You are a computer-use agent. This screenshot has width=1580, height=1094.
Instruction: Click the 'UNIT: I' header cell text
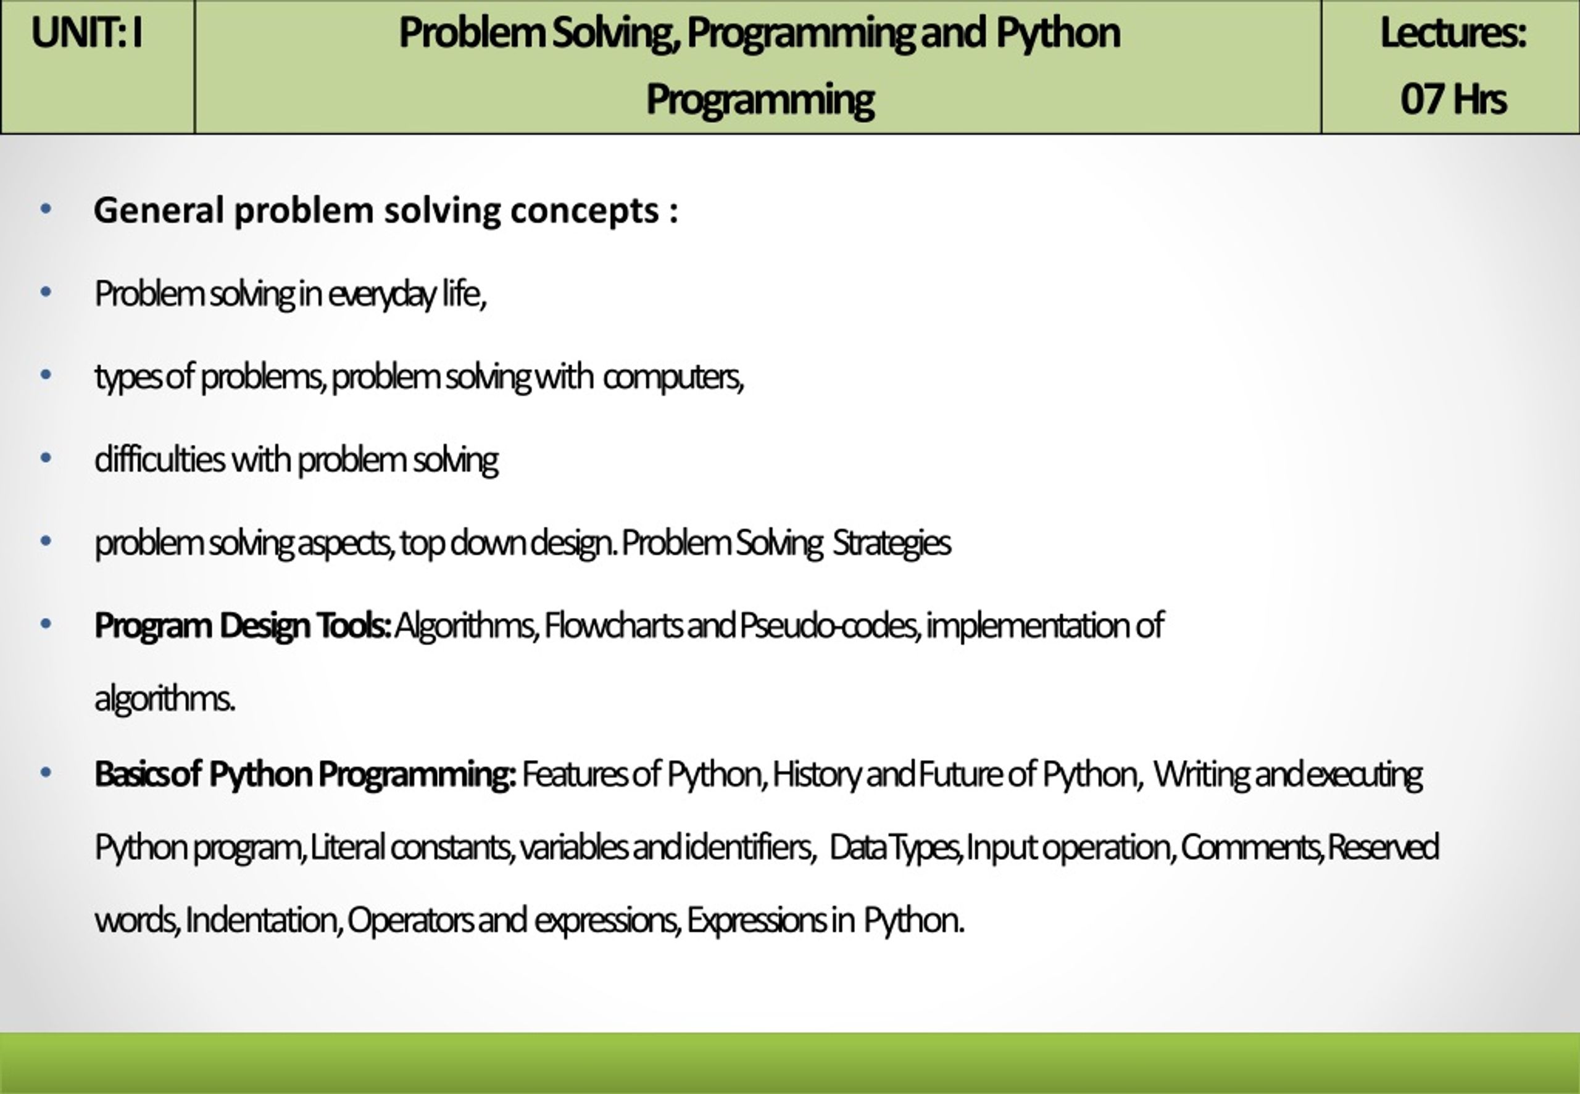point(87,33)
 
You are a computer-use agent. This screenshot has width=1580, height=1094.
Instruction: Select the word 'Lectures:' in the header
point(1453,33)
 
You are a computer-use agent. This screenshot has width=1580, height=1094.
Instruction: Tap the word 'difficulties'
point(160,459)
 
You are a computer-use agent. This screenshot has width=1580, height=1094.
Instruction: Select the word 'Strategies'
point(891,543)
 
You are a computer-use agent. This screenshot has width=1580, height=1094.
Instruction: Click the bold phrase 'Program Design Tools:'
point(243,626)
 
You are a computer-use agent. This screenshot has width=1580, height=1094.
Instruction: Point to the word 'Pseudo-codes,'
point(829,626)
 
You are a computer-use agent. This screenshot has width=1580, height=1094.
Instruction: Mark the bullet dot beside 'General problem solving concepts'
point(46,209)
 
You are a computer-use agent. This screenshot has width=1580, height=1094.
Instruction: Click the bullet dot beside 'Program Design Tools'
point(46,624)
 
